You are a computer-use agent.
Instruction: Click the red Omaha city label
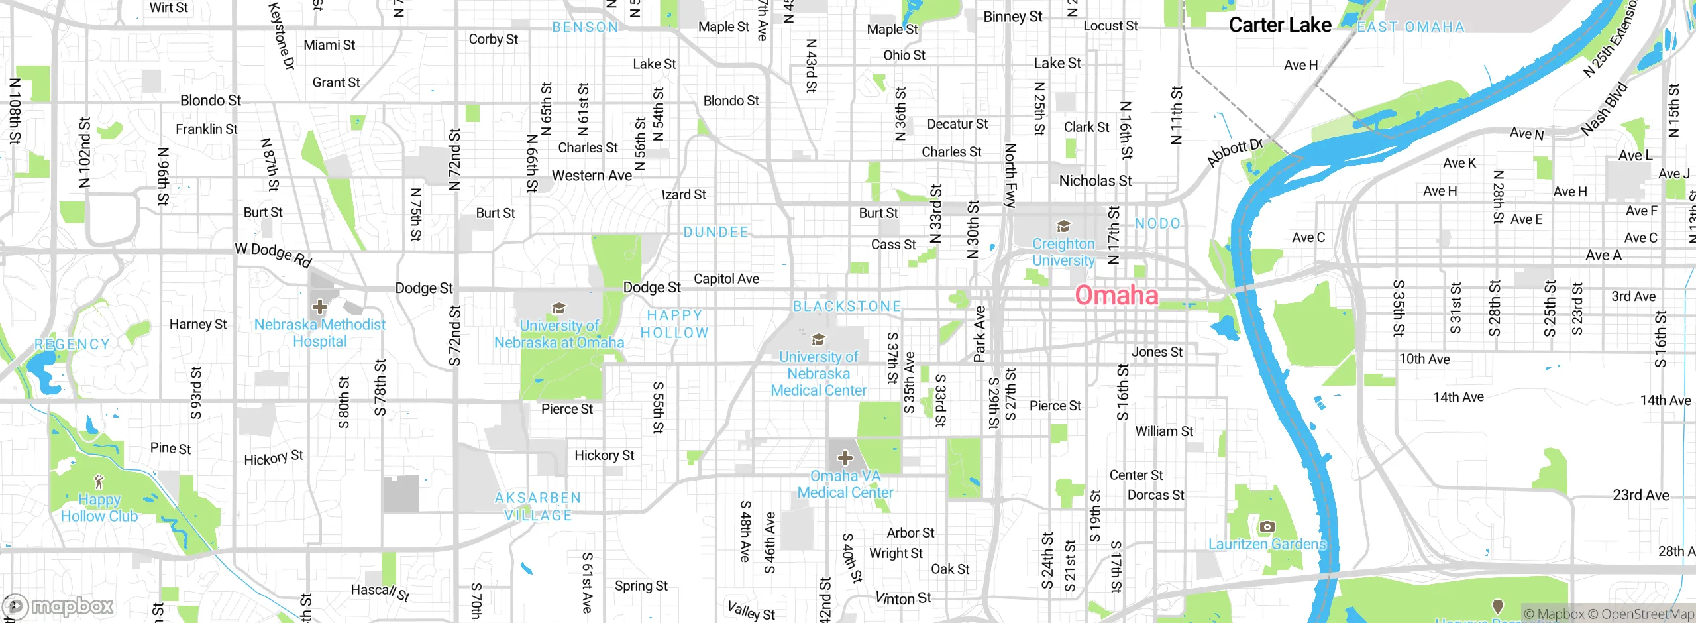(x=1116, y=295)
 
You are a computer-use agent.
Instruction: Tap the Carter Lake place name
(x=1279, y=25)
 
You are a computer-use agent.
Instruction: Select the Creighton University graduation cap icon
(x=1063, y=227)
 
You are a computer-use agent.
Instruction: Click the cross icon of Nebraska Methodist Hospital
(x=320, y=307)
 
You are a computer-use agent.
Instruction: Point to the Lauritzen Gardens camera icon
(x=1267, y=527)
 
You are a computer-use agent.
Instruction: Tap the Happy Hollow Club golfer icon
(x=99, y=481)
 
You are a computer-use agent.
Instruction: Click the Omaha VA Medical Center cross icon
(x=845, y=458)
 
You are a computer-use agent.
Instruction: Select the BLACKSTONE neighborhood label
(x=847, y=306)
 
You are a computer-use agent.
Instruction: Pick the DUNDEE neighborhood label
(x=715, y=232)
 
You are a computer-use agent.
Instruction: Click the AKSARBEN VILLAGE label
(x=538, y=506)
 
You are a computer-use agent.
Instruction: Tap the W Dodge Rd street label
(x=273, y=255)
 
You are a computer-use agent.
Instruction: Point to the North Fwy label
(x=1010, y=176)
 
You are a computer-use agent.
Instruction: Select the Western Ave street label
(x=592, y=176)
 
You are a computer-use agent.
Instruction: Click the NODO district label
(x=1157, y=223)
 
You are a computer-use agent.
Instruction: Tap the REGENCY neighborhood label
(x=72, y=344)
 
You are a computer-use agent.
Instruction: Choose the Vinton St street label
(x=903, y=598)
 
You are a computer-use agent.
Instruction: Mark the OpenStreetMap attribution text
(x=1647, y=614)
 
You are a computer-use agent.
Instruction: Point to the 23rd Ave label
(x=1640, y=495)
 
